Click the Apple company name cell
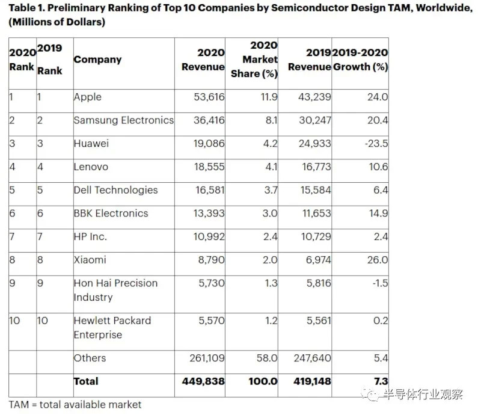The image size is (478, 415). [x=88, y=97]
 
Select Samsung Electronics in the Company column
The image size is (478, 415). [x=123, y=120]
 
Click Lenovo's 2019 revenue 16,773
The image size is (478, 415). [x=313, y=167]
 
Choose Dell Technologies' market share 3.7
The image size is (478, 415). [x=270, y=190]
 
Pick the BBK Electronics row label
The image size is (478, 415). [x=111, y=214]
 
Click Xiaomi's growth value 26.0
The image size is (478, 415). [x=376, y=260]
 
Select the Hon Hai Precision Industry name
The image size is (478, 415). [x=115, y=290]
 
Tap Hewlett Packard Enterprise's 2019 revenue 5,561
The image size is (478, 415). [x=317, y=321]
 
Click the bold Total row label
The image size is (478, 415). [x=86, y=381]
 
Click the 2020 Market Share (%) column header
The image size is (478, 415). [x=255, y=59]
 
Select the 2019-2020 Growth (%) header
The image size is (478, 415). [x=360, y=59]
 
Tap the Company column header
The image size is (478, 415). [x=97, y=60]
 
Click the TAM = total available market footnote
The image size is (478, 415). [x=75, y=404]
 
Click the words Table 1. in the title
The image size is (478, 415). [x=28, y=8]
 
